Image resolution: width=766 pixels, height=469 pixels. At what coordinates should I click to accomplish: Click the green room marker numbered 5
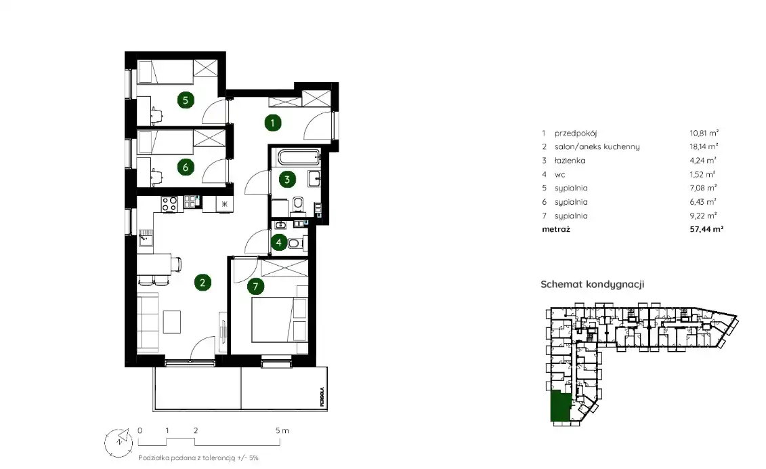point(185,100)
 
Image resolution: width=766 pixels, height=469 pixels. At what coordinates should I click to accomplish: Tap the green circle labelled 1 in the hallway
point(272,123)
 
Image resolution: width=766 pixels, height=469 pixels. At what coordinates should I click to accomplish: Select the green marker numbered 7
point(255,287)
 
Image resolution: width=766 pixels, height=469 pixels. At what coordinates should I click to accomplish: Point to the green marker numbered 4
point(279,242)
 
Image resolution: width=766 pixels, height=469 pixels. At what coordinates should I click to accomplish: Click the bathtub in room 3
point(299,157)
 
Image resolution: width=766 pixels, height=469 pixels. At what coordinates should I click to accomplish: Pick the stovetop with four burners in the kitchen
point(169,203)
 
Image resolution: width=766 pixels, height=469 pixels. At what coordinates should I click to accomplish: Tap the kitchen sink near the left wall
point(145,237)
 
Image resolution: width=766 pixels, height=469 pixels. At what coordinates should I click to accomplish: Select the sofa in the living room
point(148,322)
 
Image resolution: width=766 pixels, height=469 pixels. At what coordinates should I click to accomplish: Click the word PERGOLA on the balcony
point(322,397)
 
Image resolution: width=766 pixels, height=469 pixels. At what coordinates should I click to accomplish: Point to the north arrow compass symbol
point(119,442)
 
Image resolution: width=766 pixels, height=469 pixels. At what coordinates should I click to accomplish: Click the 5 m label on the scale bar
point(282,431)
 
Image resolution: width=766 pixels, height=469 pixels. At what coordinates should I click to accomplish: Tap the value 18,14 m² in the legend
point(704,146)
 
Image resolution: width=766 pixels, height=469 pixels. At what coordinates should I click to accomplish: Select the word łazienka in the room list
point(570,161)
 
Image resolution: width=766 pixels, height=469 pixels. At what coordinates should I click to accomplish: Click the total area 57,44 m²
point(706,229)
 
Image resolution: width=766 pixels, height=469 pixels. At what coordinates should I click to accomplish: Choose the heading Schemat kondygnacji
point(593,284)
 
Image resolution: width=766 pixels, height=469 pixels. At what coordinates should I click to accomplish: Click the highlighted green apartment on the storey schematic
point(560,407)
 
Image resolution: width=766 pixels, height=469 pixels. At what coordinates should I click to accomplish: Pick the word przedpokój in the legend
point(576,133)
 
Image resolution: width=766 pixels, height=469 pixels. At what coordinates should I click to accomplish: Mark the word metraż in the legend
point(556,229)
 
